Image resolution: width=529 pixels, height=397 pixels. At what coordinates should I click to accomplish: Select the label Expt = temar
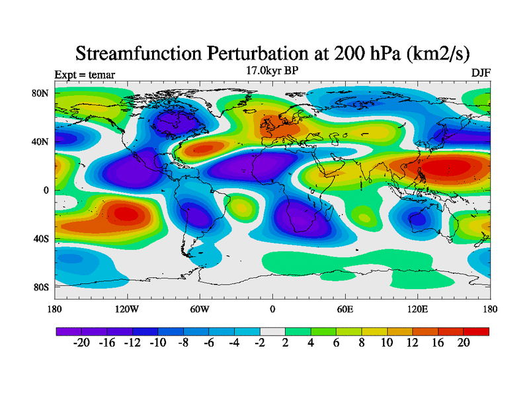pos(85,74)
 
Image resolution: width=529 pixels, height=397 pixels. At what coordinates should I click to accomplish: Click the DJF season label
pos(481,73)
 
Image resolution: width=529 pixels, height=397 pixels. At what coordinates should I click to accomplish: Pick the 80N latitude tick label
pos(40,93)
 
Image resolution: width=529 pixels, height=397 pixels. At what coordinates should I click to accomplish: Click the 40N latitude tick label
pos(40,142)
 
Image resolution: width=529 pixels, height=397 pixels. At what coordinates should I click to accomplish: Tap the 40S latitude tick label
pos(41,239)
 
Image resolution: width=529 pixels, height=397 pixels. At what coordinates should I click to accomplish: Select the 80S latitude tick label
pos(41,287)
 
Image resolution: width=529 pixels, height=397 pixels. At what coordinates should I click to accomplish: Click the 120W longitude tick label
pos(127,309)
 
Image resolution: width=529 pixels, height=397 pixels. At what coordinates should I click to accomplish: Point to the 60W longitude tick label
pos(200,309)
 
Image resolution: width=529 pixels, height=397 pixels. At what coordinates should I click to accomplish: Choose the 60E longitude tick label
pos(345,309)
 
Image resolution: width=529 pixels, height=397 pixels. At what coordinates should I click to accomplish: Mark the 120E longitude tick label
pos(418,309)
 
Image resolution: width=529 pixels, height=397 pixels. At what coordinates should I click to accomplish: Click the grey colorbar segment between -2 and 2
pos(272,331)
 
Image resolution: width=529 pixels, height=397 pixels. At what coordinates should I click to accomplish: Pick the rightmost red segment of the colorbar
pos(476,331)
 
